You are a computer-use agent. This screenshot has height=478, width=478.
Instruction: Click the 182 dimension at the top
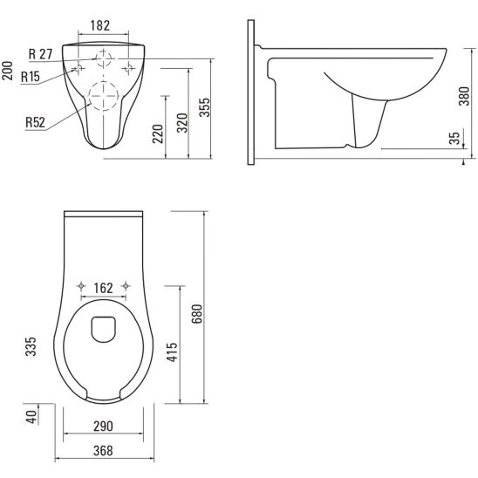coord(100,25)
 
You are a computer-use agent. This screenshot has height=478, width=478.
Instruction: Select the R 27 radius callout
coord(40,54)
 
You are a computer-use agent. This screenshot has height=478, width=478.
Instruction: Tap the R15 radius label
coord(31,77)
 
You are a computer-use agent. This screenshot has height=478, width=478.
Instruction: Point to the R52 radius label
coord(35,122)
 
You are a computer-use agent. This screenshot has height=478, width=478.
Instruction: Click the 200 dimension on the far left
coord(8,71)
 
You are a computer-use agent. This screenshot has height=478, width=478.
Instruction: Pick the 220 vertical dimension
coord(158,133)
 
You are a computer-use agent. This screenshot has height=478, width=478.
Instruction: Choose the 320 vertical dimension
coord(182,123)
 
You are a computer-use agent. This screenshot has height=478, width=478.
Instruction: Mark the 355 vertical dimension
coord(205,107)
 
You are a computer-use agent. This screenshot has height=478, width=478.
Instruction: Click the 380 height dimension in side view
coord(464,96)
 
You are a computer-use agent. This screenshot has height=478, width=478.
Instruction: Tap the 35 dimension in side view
coord(454,139)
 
